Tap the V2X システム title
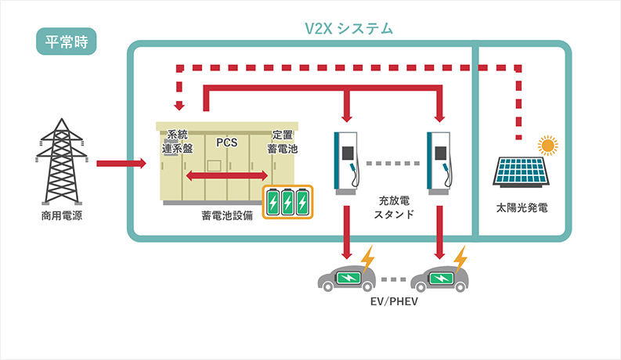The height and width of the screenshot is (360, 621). (x=348, y=29)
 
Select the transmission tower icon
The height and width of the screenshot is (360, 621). (x=61, y=164)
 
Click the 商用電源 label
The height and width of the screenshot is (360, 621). (x=61, y=215)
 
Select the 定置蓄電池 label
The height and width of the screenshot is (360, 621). (x=283, y=142)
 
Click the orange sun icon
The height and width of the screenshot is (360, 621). (x=548, y=145)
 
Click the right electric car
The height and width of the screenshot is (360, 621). (x=439, y=279)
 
